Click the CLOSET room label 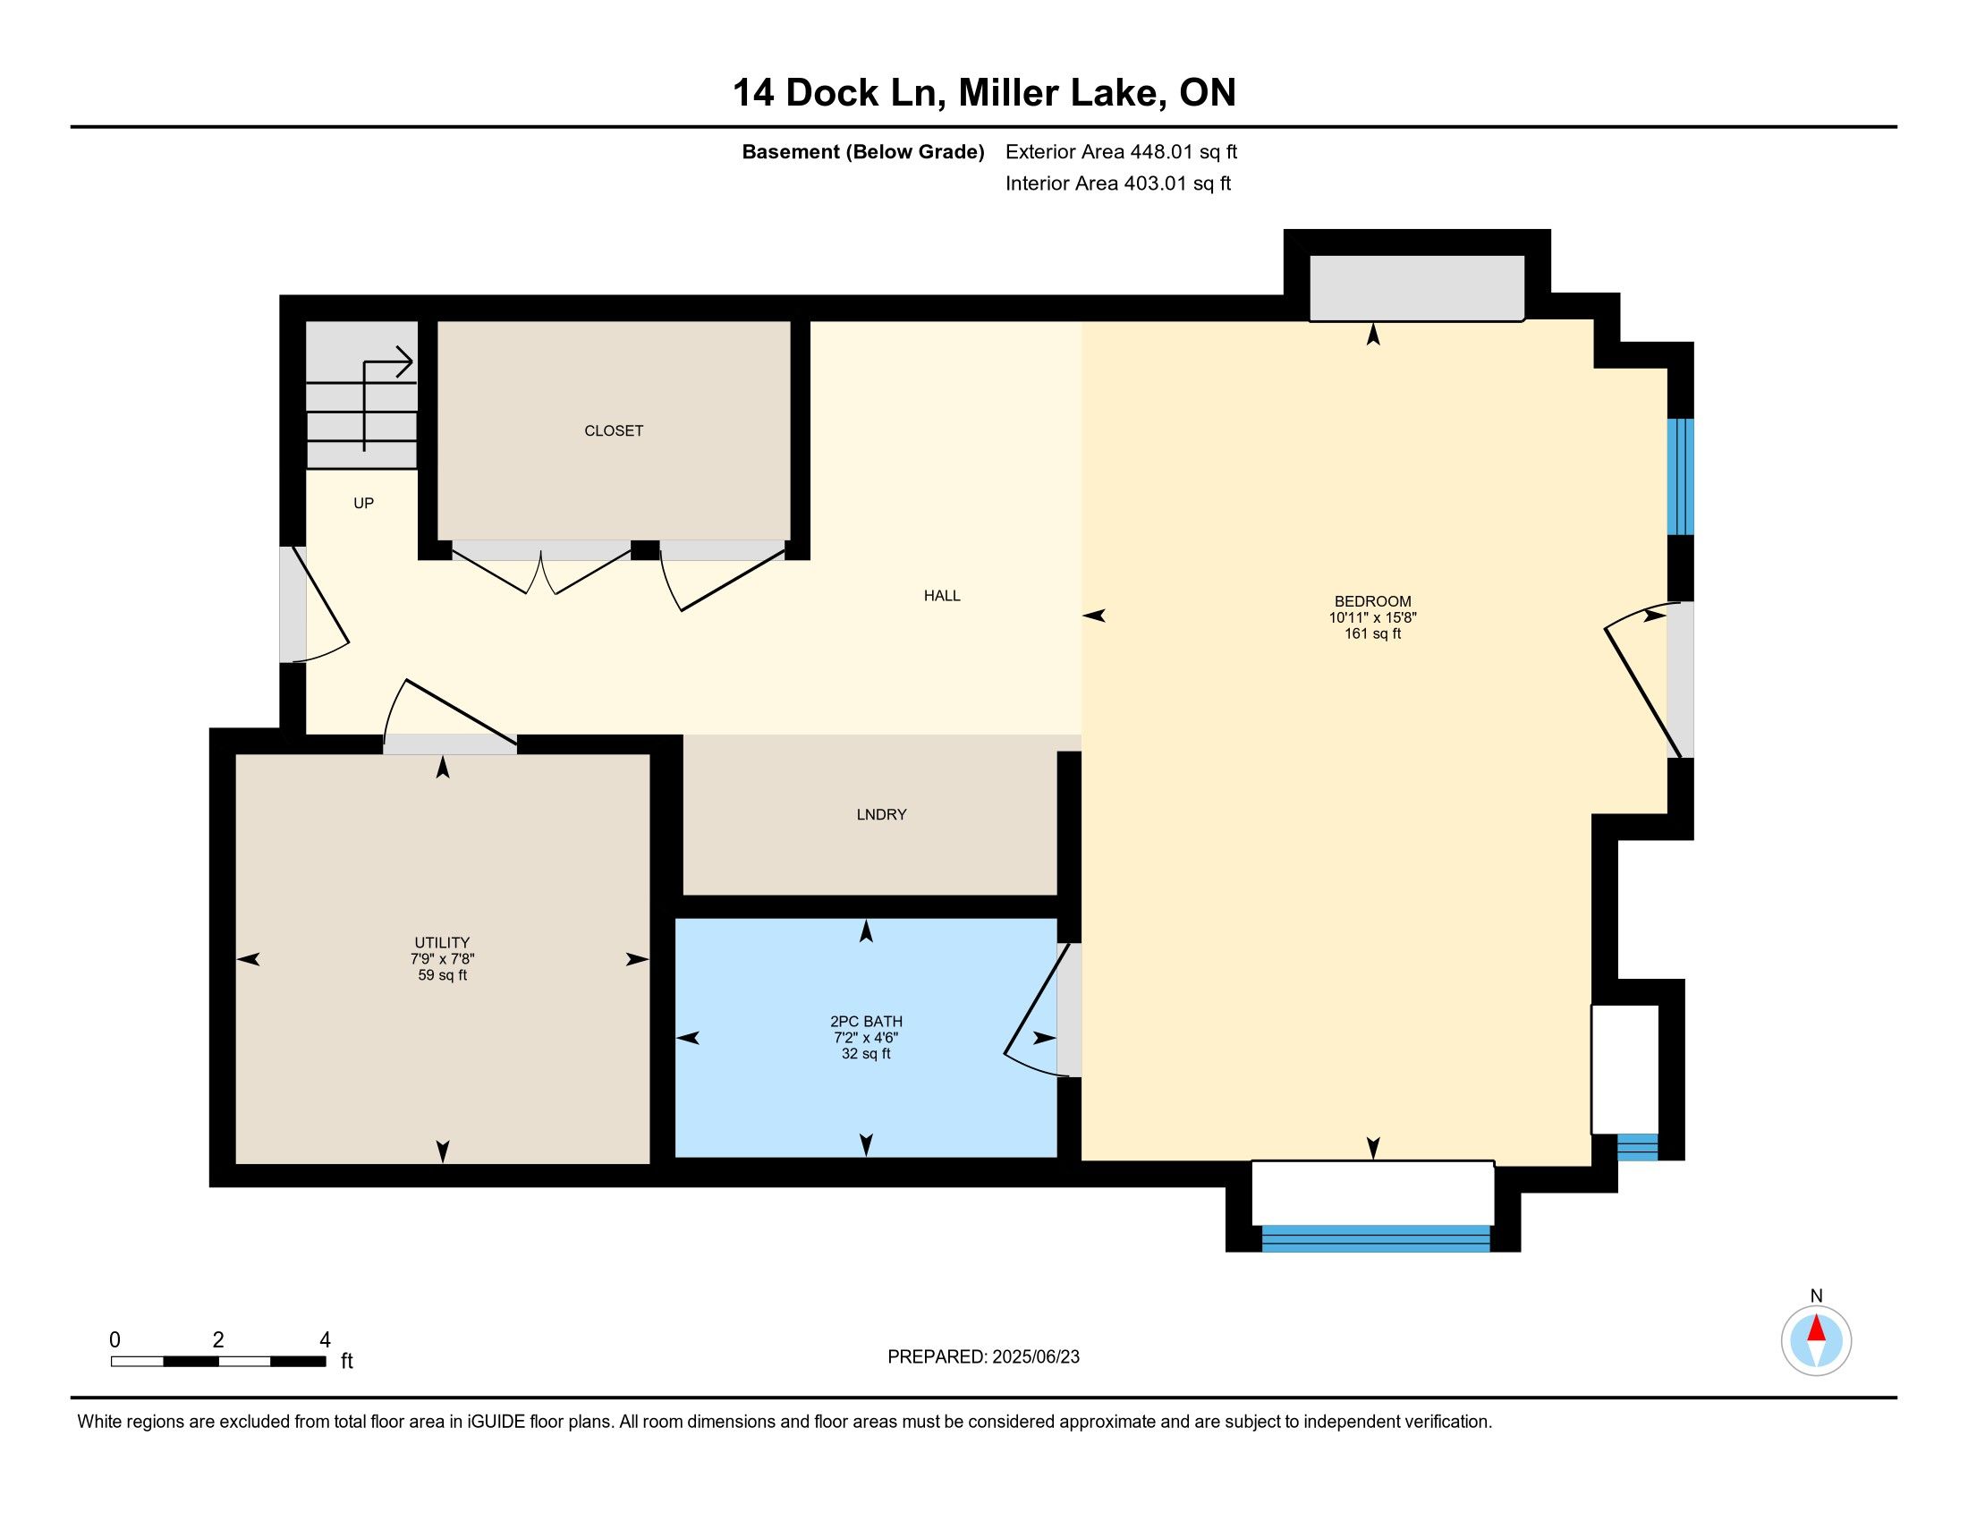[614, 430]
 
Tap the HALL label [942, 596]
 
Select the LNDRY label [881, 814]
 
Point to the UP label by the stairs [363, 504]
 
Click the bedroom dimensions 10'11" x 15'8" [1372, 617]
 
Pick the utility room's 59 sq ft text [443, 975]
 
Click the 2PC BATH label [866, 1022]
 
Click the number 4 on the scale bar [326, 1340]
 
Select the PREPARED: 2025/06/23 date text [983, 1357]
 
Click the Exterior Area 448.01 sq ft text [1121, 152]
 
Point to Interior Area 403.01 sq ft [1117, 183]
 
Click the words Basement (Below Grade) [862, 152]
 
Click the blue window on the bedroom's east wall [1680, 477]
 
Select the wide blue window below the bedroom [1375, 1239]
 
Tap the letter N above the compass [1816, 1296]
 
